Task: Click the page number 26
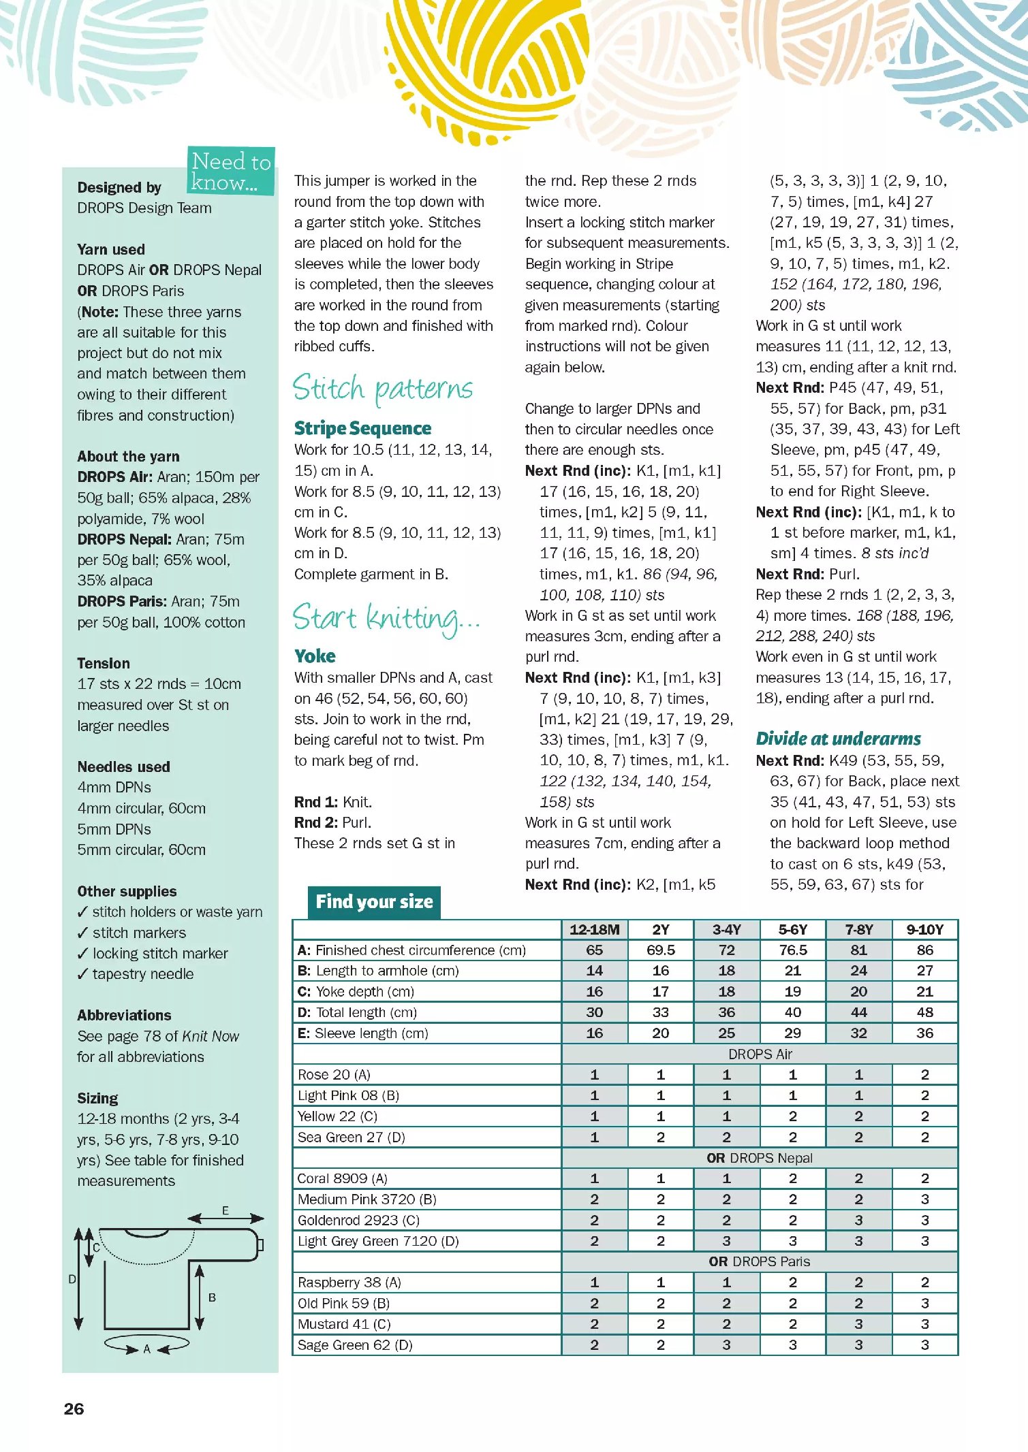click(x=74, y=1408)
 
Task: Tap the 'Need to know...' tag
click(x=231, y=172)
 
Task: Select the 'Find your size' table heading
click(x=374, y=902)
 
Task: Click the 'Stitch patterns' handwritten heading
click(x=383, y=389)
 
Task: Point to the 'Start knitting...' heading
click(x=386, y=618)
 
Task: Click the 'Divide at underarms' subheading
click(x=838, y=739)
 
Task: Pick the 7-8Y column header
click(x=858, y=929)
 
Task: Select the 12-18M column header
click(x=594, y=929)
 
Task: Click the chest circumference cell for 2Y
click(x=660, y=950)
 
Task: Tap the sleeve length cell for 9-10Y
click(x=924, y=1033)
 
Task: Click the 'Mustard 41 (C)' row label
click(x=344, y=1323)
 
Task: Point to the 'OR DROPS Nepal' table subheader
click(x=760, y=1157)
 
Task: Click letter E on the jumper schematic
click(x=225, y=1210)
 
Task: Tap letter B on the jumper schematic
click(x=212, y=1297)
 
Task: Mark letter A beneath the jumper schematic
click(x=146, y=1349)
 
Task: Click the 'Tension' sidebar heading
click(x=104, y=663)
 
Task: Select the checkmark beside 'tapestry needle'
click(x=82, y=974)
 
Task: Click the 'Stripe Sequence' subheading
click(x=362, y=428)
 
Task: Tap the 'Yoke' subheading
click(x=315, y=656)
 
